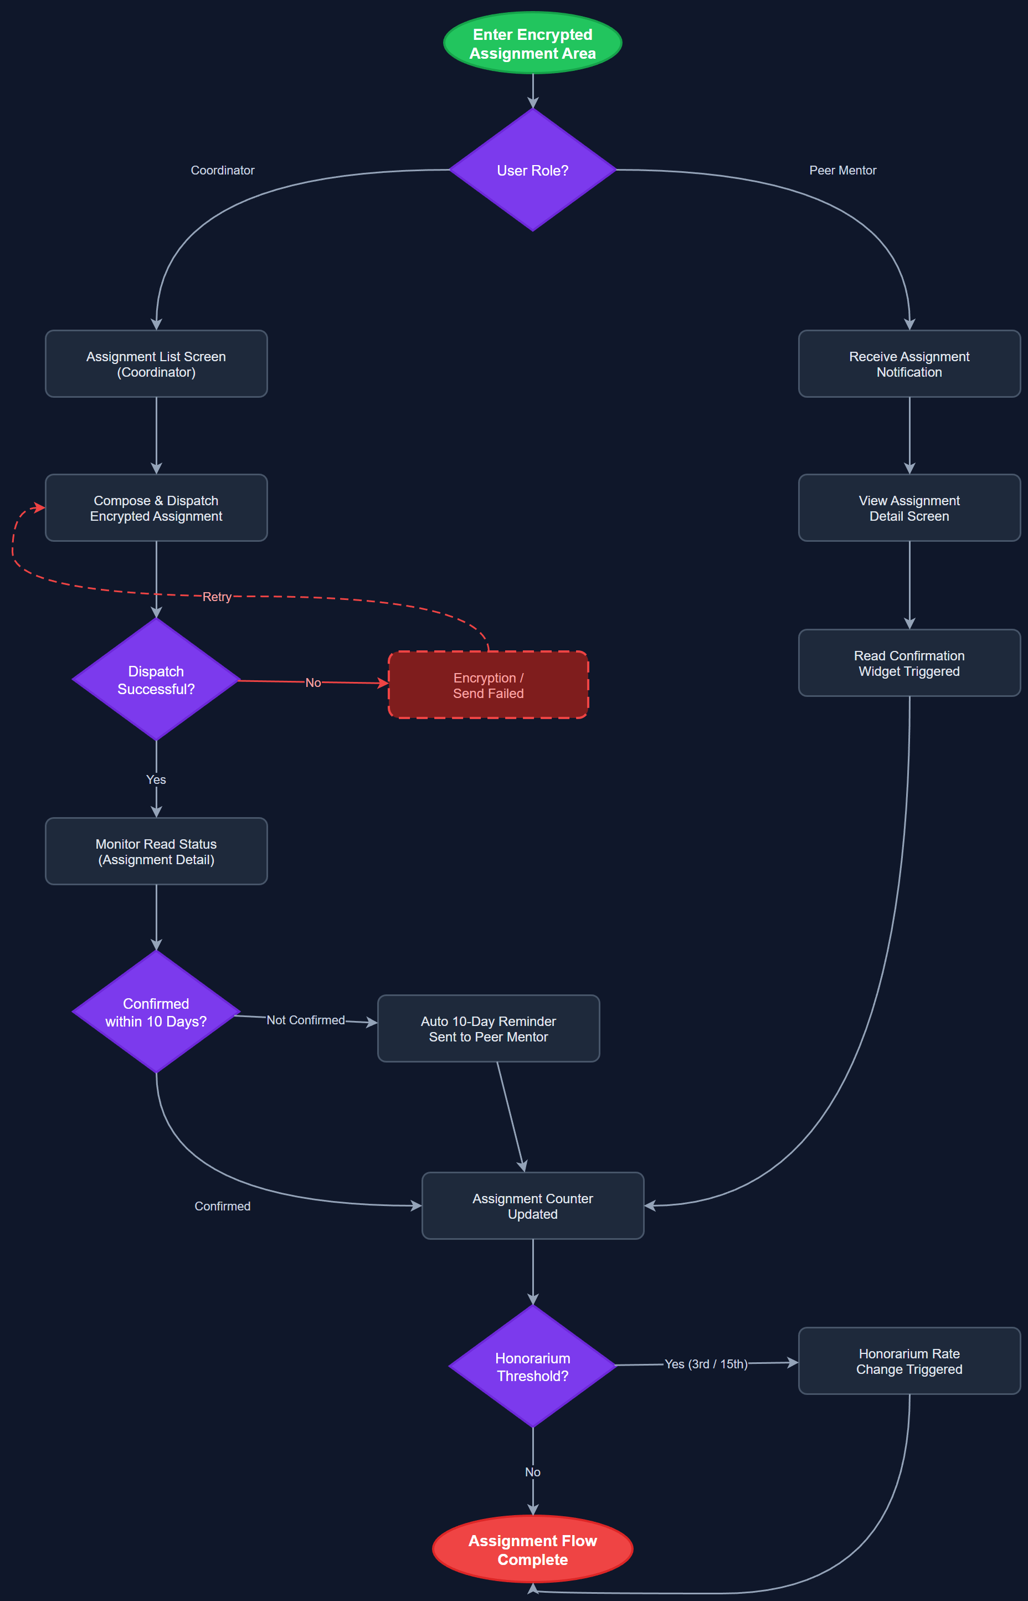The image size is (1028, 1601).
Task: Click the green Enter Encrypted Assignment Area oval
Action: tap(532, 43)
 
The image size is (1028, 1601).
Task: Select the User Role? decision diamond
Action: tap(532, 170)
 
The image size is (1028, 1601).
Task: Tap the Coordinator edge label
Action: tap(222, 170)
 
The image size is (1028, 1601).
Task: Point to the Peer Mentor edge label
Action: tap(842, 170)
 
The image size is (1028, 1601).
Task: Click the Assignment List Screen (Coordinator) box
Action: tap(156, 364)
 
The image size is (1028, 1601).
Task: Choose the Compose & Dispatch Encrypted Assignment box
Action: tap(156, 507)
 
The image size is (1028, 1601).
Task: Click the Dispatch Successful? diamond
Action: tap(156, 680)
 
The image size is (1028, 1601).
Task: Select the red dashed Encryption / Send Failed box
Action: tap(488, 685)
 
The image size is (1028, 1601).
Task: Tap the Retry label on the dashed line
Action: tap(217, 596)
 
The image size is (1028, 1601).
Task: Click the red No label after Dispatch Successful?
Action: tap(313, 683)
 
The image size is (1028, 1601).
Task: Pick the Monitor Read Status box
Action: tap(156, 851)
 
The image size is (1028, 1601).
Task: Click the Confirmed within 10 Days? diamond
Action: tap(156, 1012)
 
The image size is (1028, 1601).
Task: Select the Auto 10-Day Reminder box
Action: tap(488, 1028)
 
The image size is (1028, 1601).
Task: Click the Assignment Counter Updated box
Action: tap(532, 1206)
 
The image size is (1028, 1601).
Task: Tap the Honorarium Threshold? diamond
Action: tap(532, 1367)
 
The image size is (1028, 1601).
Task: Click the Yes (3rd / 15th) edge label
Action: tap(706, 1363)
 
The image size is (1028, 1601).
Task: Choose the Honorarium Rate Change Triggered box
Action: tap(908, 1361)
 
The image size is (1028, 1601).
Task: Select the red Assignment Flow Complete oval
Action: tap(532, 1549)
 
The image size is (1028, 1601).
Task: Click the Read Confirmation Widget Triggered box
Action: tap(908, 663)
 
